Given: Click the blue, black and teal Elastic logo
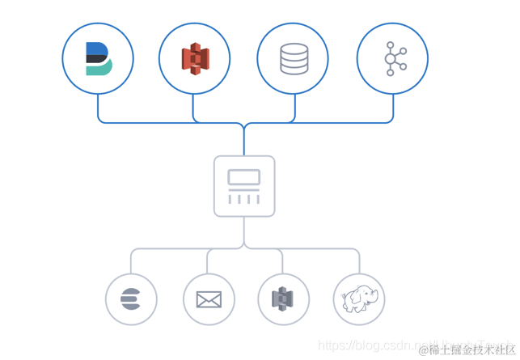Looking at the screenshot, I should coord(97,58).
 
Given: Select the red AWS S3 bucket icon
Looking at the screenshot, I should coord(195,58).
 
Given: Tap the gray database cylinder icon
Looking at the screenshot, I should coord(294,58).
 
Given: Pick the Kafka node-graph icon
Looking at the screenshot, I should coord(393,58).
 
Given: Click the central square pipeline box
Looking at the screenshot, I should coord(244,186).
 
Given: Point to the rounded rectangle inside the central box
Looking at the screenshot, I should coord(244,177).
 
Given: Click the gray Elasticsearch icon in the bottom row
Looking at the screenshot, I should coord(130,299).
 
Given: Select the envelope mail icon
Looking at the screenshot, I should coord(208,299).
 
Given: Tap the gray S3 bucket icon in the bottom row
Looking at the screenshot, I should coord(282,299).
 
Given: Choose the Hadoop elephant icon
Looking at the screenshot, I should coord(358,299).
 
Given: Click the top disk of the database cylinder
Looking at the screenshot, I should coord(294,48).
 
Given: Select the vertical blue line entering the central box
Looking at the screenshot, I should coord(244,142).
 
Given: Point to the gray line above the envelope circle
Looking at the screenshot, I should coord(207,261).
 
